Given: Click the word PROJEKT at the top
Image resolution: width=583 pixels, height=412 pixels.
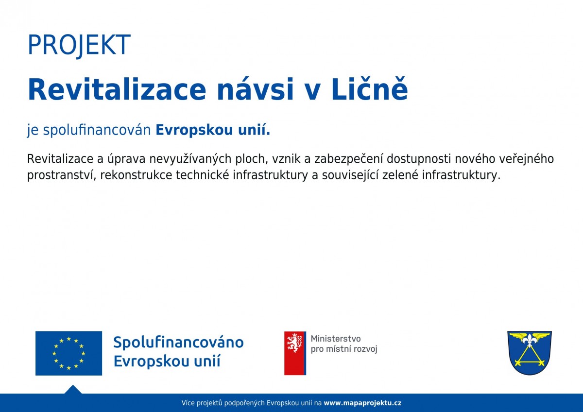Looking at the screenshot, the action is (x=79, y=45).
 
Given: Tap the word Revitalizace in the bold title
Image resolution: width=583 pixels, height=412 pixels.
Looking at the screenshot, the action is (x=117, y=89).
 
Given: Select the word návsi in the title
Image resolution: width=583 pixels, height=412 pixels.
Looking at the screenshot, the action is (x=256, y=89).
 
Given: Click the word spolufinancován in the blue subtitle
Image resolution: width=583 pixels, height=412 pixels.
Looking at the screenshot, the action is (x=97, y=130).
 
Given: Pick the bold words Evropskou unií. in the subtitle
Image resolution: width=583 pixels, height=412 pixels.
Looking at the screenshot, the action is (x=213, y=130).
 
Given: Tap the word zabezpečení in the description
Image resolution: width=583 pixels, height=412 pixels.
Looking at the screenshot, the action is (x=348, y=159).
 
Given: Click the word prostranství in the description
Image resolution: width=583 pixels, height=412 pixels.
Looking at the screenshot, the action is (x=62, y=175).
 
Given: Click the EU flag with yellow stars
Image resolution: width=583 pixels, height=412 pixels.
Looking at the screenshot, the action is (x=69, y=353).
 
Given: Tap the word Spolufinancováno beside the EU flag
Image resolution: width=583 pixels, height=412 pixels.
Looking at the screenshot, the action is (x=179, y=342).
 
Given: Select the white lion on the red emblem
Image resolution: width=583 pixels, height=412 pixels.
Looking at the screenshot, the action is (x=294, y=343).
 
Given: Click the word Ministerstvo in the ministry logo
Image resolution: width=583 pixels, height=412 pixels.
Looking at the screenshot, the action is (x=336, y=339).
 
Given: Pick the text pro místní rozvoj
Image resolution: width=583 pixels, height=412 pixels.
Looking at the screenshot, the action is (x=344, y=349).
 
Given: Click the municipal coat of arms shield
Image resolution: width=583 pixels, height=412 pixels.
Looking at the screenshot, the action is (x=530, y=353).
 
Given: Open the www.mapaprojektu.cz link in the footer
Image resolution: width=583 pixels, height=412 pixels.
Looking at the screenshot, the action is (x=362, y=403).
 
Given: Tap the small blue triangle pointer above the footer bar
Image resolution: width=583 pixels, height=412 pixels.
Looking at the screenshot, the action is (x=73, y=390).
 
